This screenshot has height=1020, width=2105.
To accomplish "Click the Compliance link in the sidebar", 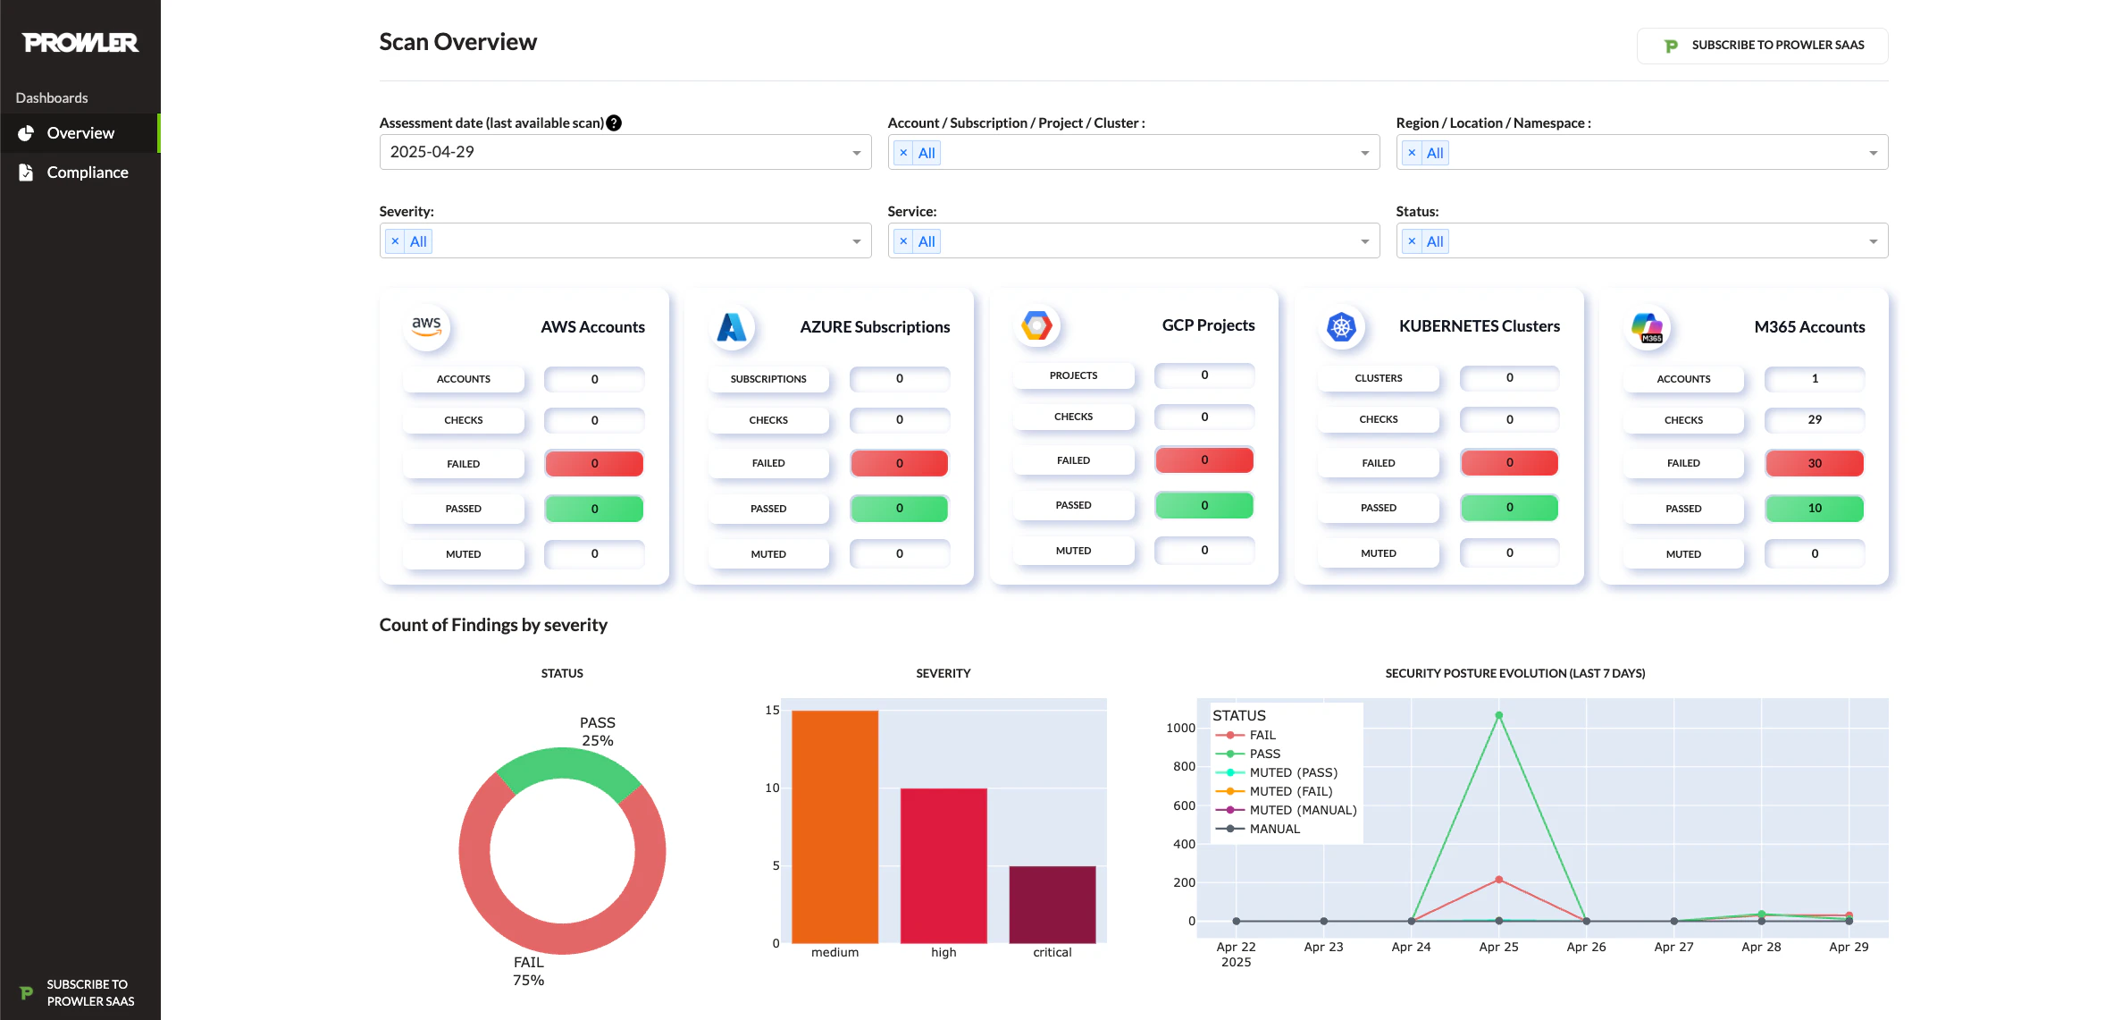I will point(87,173).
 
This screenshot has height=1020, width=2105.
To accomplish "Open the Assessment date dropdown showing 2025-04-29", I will point(625,152).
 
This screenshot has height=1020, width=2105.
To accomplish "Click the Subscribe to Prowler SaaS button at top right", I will point(1762,46).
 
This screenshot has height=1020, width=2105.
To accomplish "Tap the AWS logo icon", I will point(426,326).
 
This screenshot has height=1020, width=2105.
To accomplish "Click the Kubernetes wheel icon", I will point(1341,327).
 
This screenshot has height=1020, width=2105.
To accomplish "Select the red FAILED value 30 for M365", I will point(1814,463).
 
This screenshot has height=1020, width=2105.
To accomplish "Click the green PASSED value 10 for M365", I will point(1814,508).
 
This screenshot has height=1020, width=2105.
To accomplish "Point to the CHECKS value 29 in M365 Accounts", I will point(1814,419).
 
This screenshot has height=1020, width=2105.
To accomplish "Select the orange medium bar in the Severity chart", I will point(834,827).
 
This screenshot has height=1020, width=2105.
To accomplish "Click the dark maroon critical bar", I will point(1052,904).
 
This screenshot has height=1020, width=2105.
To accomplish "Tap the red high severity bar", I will point(943,865).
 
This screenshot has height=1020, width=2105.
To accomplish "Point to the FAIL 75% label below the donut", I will point(528,971).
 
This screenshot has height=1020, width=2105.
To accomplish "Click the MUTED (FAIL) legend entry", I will point(1290,791).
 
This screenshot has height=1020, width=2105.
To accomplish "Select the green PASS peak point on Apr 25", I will point(1498,715).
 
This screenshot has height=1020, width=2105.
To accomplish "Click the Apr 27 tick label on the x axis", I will point(1673,947).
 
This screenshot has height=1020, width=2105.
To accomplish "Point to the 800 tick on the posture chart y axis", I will point(1184,766).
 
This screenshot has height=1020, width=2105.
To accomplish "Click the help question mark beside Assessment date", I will point(614,123).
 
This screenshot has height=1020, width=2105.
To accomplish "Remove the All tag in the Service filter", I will point(903,241).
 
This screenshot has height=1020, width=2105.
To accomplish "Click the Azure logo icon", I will point(732,327).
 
